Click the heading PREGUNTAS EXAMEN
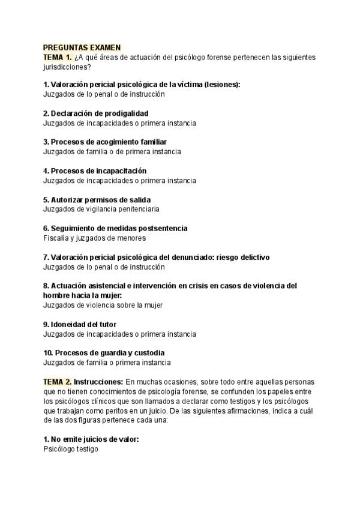(x=82, y=47)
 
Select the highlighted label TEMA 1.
(x=58, y=57)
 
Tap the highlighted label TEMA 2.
(x=58, y=382)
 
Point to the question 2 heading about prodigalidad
(x=95, y=113)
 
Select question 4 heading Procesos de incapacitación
(x=94, y=171)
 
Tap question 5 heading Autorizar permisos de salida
(x=97, y=200)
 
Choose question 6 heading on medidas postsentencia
(x=115, y=229)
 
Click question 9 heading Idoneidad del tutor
(x=80, y=325)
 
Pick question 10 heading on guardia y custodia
(x=104, y=353)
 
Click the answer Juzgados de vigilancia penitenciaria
(x=101, y=209)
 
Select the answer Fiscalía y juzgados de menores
(x=95, y=238)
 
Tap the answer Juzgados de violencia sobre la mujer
(x=103, y=305)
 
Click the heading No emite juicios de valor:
(x=91, y=439)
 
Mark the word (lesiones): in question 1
(x=221, y=85)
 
